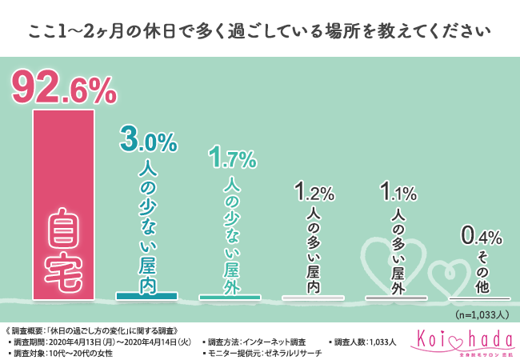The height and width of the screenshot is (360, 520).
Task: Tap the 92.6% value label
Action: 63,90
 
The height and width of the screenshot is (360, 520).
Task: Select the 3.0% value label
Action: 147,142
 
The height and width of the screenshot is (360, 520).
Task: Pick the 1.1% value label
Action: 397,193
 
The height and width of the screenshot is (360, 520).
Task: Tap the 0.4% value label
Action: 480,236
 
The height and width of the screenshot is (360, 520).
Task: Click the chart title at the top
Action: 259,31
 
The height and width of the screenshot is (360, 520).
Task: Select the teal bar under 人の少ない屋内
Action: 146,296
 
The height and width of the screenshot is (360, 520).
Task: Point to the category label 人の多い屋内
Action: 313,251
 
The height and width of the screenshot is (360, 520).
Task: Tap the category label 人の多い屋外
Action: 396,251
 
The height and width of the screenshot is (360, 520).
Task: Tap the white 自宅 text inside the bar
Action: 62,248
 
